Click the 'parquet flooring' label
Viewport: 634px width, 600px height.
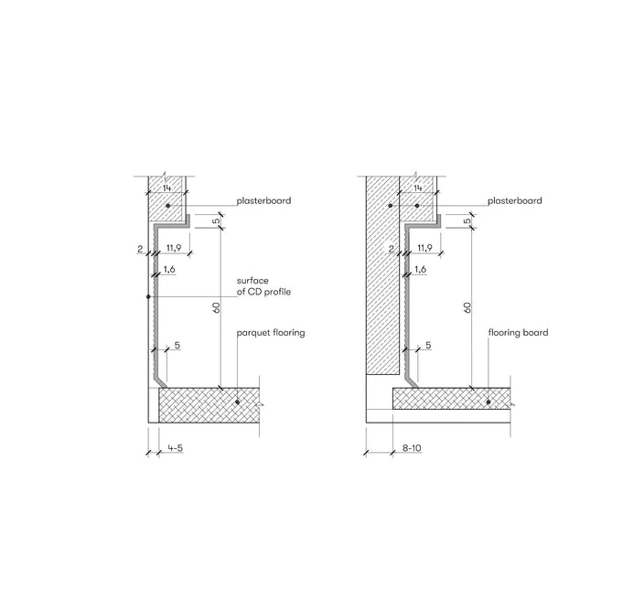pos(271,333)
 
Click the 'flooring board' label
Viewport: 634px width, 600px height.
pos(518,332)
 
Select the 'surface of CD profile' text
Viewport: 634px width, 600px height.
pos(263,286)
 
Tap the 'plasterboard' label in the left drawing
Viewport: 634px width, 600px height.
pos(263,200)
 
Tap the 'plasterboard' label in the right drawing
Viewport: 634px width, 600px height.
pos(515,200)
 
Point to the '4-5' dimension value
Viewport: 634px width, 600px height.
pos(176,448)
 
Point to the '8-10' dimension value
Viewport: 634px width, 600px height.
pos(412,448)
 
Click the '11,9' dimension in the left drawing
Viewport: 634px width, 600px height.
pos(174,248)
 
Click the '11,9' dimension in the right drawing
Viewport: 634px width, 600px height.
pos(424,248)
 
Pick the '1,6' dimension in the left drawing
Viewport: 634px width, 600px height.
pos(169,269)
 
